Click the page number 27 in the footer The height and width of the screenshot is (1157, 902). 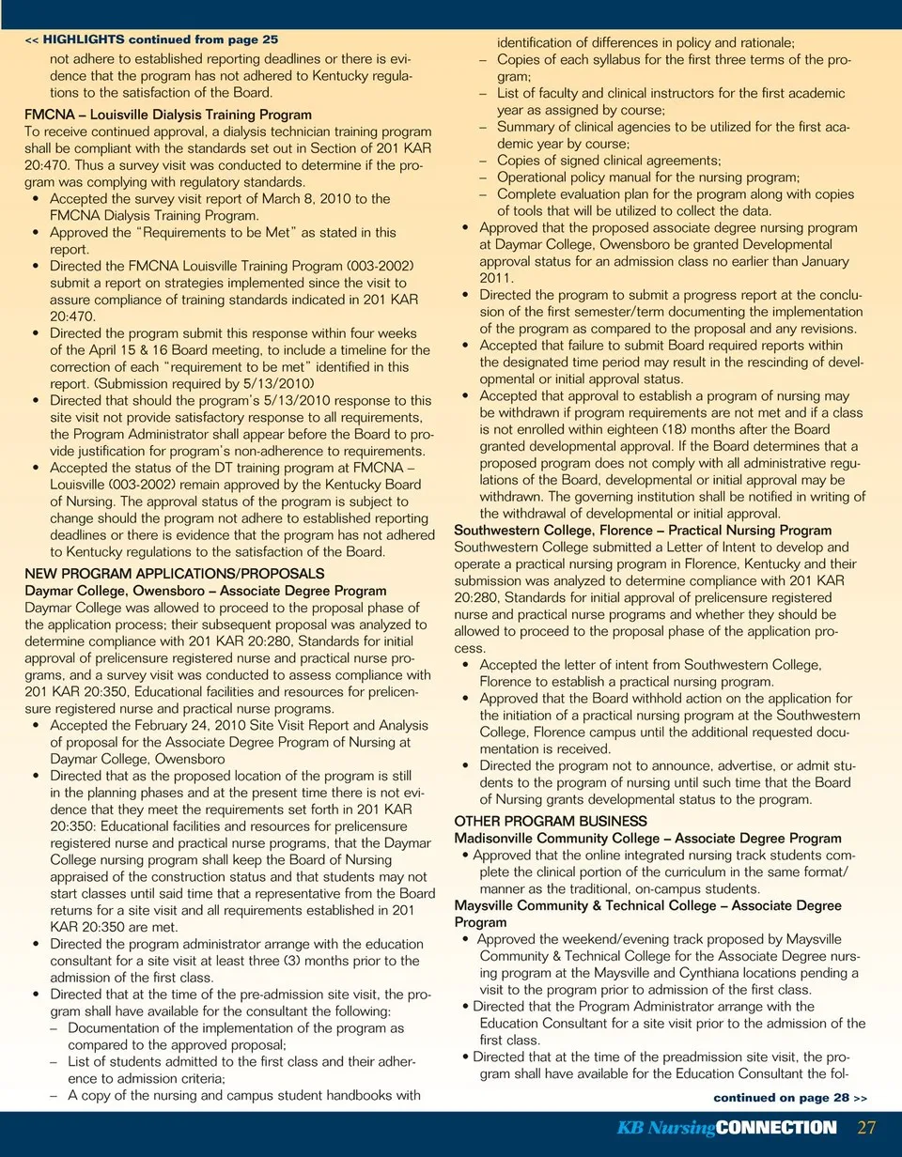point(866,1127)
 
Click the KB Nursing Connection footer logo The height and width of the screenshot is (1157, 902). point(726,1128)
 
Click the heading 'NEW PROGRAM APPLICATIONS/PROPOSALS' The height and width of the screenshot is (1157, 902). point(174,572)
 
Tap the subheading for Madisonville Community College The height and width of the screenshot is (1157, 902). point(647,838)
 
